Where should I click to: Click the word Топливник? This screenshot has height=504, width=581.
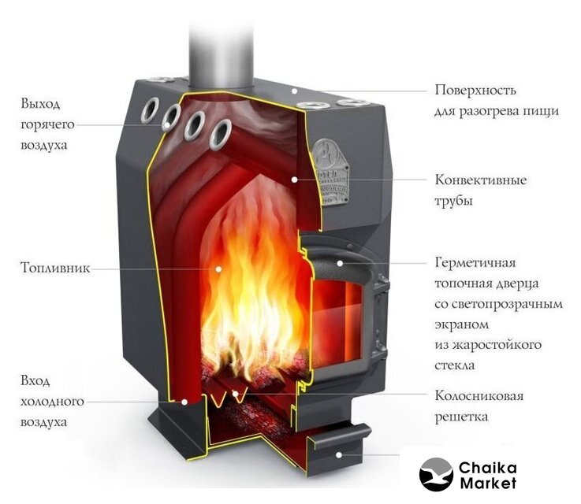point(55,268)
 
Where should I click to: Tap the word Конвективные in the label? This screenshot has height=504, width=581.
point(481,180)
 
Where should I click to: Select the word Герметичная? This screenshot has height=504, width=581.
point(475,263)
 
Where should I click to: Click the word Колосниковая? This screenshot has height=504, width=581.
point(479,395)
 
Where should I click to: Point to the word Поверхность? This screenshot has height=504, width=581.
point(475,90)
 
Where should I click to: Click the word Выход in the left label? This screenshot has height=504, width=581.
point(40,104)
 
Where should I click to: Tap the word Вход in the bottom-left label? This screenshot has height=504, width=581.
point(35,380)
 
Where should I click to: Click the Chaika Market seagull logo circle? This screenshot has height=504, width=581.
point(436,474)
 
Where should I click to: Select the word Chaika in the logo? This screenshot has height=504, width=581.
point(487,468)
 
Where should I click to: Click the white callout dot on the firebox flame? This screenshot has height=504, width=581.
point(218,269)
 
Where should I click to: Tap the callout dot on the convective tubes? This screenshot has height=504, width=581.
point(294,180)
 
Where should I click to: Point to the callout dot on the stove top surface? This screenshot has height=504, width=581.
point(294,91)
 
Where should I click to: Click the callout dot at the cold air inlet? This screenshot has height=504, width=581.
point(184,402)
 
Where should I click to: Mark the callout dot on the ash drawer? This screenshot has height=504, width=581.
point(339,455)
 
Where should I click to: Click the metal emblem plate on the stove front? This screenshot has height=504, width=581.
point(330,172)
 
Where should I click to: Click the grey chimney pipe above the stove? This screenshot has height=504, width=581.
point(222,55)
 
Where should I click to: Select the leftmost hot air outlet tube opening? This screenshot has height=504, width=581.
point(150,110)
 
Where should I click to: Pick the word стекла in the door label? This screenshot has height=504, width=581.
point(455,365)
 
